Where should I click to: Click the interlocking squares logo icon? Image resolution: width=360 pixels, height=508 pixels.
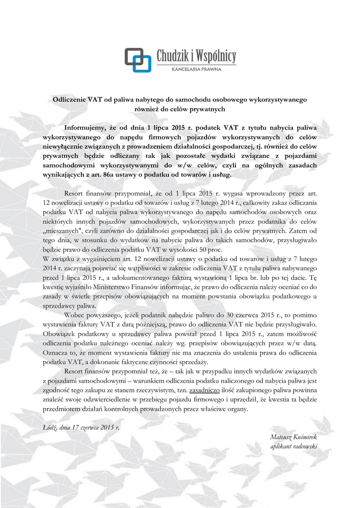coord(138,60)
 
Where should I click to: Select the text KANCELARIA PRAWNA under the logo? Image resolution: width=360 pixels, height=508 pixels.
coord(196,69)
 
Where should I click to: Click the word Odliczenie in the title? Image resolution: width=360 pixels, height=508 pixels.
coord(70,100)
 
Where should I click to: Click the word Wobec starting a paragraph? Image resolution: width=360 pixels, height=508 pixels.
coord(74,316)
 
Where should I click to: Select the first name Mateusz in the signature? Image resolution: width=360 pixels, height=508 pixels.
coord(282,437)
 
